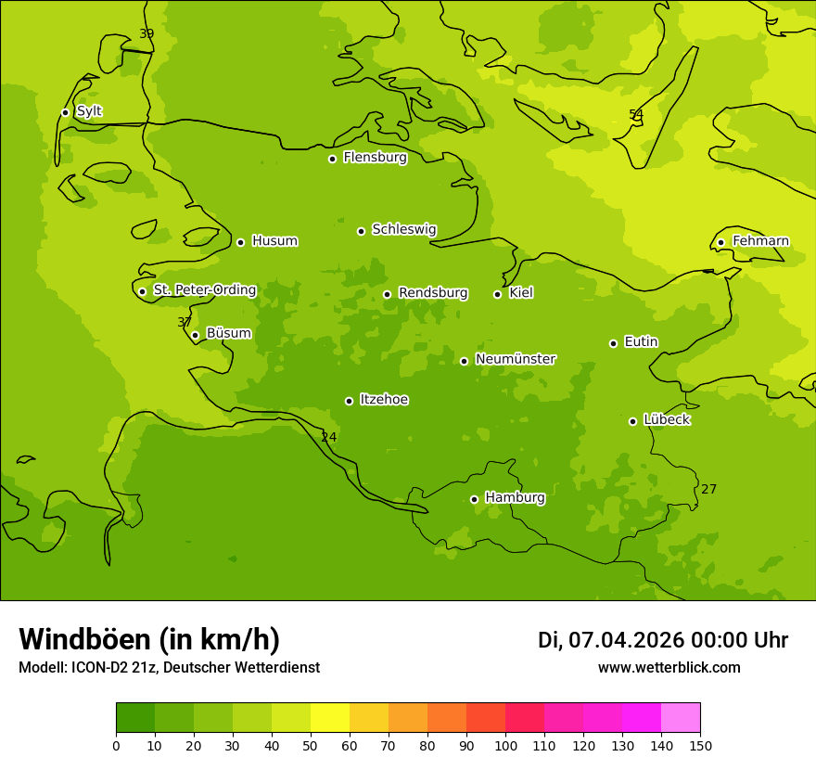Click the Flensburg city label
(375, 158)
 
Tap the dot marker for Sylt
(65, 112)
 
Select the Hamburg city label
(515, 498)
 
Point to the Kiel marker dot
(497, 294)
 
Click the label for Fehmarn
(760, 241)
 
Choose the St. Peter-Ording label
(204, 290)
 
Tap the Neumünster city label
(515, 359)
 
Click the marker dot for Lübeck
(633, 421)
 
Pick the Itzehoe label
(384, 400)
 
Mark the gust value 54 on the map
(636, 115)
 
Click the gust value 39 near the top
(147, 34)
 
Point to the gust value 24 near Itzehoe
(329, 438)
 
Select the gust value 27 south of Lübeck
(708, 490)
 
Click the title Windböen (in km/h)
(149, 639)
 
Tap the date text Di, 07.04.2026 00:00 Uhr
(663, 640)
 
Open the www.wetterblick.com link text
(669, 668)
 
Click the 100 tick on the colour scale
(505, 745)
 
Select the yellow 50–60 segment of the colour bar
(330, 718)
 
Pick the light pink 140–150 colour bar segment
(681, 718)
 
